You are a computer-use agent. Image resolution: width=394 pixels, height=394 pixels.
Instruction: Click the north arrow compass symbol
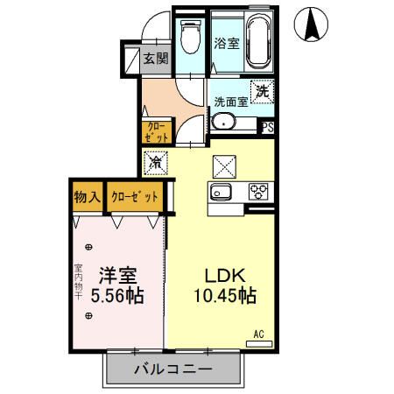point(310,24)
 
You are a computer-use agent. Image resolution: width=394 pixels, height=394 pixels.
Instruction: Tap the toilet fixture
point(189,37)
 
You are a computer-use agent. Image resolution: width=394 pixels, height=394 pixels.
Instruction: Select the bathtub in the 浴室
point(257,41)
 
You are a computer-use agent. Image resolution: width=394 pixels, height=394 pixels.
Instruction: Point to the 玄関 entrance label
point(156,60)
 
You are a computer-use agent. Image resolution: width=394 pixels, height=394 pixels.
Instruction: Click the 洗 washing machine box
point(260,90)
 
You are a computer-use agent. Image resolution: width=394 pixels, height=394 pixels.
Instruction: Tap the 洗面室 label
point(231,102)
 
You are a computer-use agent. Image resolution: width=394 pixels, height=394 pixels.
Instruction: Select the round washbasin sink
point(223,122)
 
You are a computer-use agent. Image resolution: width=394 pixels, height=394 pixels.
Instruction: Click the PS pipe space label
point(268,128)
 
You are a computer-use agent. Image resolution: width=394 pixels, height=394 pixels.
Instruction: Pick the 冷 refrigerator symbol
point(156,162)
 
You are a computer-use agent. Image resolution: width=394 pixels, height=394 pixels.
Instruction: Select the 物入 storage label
point(85,197)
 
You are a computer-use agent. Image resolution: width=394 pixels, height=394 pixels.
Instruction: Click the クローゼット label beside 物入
point(134,197)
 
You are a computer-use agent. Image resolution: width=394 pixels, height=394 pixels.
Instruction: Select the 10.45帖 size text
point(223,296)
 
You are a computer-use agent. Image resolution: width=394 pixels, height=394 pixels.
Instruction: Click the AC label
point(259,334)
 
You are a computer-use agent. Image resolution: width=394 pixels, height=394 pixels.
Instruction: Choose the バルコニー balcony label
point(172,369)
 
